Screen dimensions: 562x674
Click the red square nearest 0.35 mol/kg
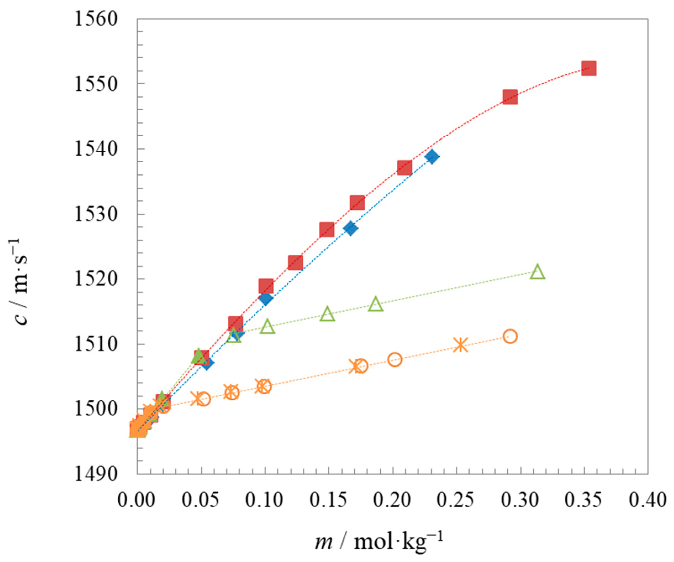[589, 68]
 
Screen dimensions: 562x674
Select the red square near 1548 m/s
[510, 97]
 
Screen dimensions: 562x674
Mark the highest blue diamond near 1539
[432, 157]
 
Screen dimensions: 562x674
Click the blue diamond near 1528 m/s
[351, 228]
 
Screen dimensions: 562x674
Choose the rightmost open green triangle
[538, 272]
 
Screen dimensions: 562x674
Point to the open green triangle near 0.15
[327, 314]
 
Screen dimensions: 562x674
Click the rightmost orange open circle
[510, 336]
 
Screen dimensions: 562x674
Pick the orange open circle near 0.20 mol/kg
[395, 360]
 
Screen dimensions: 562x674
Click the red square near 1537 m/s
[404, 168]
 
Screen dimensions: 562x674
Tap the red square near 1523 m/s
[295, 263]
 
